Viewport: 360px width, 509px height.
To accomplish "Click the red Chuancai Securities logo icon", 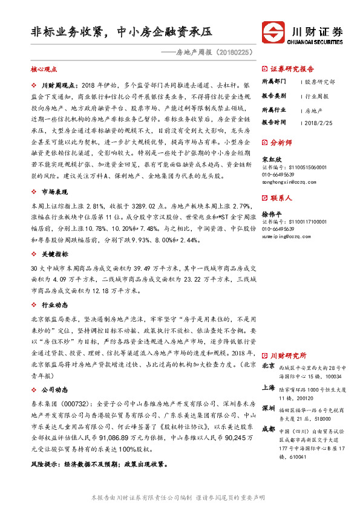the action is pyautogui.click(x=272, y=31).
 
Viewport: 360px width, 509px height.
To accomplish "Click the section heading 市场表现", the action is pyautogui.click(x=50, y=192).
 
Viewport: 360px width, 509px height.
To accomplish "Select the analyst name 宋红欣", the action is pyautogui.click(x=272, y=160).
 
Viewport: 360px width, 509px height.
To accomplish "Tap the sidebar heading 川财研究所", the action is pyautogui.click(x=288, y=355).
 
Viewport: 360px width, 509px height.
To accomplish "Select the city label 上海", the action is pyautogui.click(x=269, y=387).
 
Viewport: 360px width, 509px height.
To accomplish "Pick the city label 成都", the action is pyautogui.click(x=269, y=430).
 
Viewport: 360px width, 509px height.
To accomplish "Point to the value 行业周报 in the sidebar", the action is pyautogui.click(x=316, y=96).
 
